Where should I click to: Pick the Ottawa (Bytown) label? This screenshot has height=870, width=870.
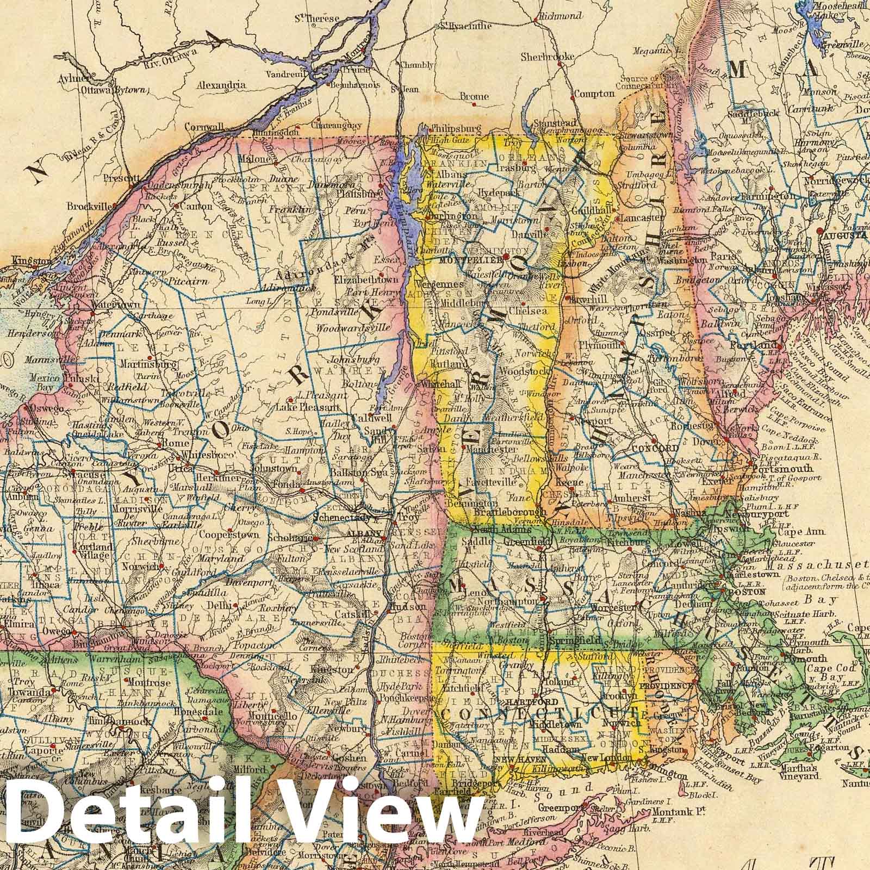tap(114, 90)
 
